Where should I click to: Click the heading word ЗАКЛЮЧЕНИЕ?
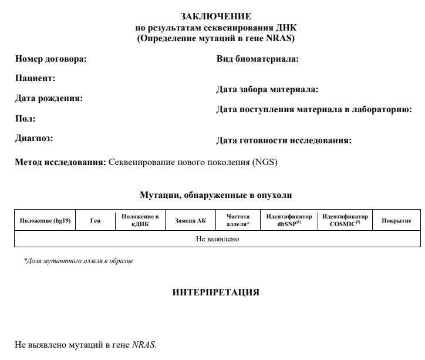216,16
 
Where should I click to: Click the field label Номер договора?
50,59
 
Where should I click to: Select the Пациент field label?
35,78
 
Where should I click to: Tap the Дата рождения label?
49,98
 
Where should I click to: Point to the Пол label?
25,119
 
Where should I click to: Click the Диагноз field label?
34,139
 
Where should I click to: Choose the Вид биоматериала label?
258,59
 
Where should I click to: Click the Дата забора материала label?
267,90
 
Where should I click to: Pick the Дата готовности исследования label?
284,140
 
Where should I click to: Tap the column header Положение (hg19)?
45,221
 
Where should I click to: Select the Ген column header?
95,221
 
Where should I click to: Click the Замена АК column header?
191,221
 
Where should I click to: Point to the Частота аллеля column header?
238,220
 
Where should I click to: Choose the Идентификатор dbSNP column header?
289,220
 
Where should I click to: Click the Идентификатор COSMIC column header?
345,220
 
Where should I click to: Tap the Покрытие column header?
396,221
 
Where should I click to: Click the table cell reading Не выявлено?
217,239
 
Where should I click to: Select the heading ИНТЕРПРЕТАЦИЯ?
215,292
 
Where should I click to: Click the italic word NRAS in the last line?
144,345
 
